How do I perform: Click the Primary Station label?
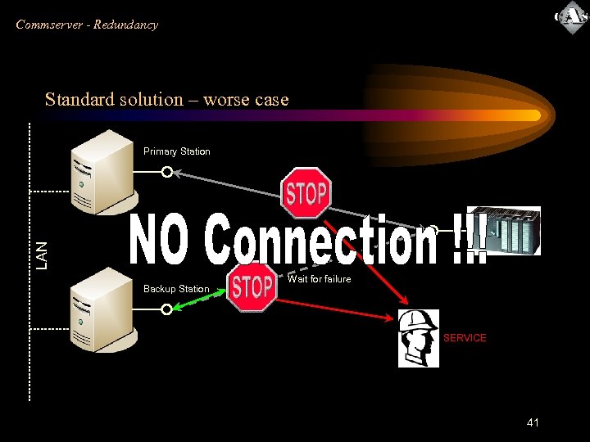176,151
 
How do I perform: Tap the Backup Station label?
176,289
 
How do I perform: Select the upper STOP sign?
306,193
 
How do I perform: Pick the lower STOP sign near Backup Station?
252,287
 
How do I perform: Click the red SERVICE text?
465,338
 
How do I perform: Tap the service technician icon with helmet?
418,339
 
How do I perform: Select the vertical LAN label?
43,254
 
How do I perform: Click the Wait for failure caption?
319,279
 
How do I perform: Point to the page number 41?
533,422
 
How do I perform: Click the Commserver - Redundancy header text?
87,25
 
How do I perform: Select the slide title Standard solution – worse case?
167,100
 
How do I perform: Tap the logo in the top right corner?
571,18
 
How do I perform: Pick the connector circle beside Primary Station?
167,172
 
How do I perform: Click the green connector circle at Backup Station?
167,309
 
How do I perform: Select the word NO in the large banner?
164,240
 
